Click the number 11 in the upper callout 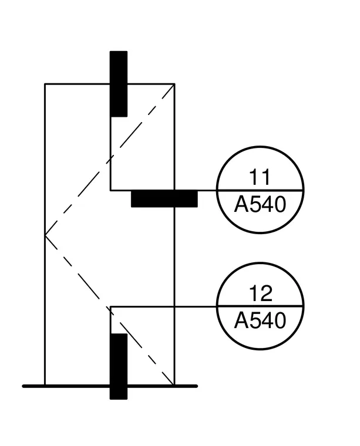pos(259,177)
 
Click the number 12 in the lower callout pos(260,293)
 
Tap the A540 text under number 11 pos(260,204)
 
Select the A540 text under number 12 pos(260,320)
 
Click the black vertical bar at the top pos(119,84)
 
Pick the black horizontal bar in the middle pos(164,198)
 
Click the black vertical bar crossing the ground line pos(119,366)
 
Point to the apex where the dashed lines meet pos(45,235)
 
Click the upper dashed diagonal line pos(110,160)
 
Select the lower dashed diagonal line pos(110,310)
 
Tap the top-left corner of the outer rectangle pos(45,84)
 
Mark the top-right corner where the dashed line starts pos(174,84)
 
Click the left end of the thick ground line pos(23,386)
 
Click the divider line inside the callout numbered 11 pos(260,190)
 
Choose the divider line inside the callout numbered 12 pos(260,306)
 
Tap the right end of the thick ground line pos(196,386)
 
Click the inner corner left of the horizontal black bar pos(111,190)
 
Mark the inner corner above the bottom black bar pos(111,306)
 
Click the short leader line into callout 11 pos(207,190)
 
